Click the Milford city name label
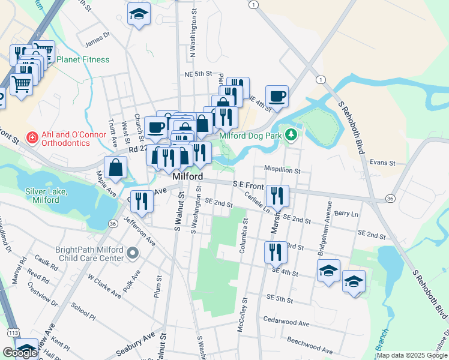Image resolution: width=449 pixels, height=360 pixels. (x=187, y=178)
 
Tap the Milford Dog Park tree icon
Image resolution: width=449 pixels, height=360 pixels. (x=292, y=134)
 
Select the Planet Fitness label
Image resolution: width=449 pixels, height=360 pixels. (x=83, y=59)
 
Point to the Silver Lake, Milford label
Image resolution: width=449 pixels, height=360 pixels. (x=46, y=196)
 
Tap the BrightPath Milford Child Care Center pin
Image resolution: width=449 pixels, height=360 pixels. (x=133, y=254)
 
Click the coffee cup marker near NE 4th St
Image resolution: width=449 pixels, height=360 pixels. (x=277, y=97)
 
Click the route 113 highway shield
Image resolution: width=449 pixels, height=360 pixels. (x=13, y=332)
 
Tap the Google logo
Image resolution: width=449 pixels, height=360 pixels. (x=19, y=353)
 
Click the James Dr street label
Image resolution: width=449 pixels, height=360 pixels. (x=98, y=39)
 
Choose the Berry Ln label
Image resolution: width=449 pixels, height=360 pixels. (x=346, y=214)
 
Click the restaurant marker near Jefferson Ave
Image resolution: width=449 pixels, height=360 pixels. (x=142, y=200)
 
